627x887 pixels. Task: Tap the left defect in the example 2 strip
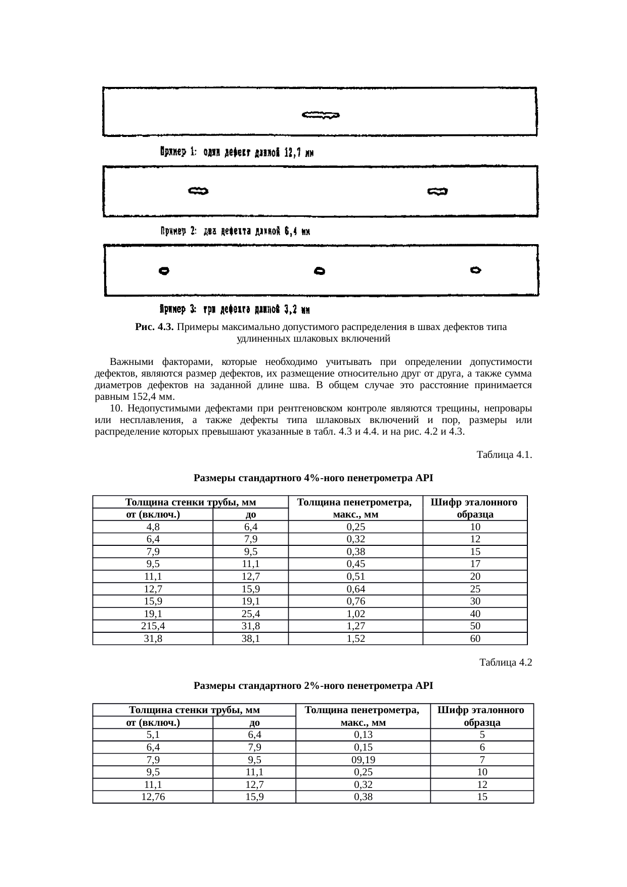click(198, 191)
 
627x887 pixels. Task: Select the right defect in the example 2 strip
click(437, 192)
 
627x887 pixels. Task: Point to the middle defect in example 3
click(319, 271)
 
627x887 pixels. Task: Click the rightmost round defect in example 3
click(475, 270)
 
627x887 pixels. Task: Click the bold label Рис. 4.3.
click(155, 327)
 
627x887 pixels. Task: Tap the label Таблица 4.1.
click(504, 455)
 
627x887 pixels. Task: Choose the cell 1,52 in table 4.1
click(355, 639)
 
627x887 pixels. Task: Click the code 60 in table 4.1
click(475, 639)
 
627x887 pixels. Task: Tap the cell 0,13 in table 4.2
click(363, 735)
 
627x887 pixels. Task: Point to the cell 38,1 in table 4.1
click(251, 639)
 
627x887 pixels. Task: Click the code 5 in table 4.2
click(482, 735)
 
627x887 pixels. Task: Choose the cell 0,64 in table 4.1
click(355, 589)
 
